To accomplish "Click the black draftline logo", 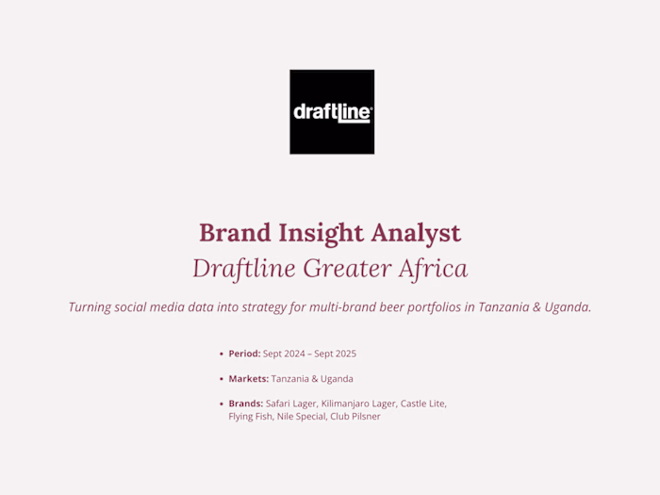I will point(331,111).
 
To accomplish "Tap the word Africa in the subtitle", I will point(433,269).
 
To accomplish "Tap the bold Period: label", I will point(244,354).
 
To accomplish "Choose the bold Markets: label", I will point(248,379).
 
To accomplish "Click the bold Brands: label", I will point(245,404).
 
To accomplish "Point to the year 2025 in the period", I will point(343,354).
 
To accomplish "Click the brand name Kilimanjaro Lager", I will point(358,404).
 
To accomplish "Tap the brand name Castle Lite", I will point(422,404).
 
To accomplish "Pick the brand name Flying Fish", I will point(250,417).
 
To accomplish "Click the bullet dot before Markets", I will point(222,379).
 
